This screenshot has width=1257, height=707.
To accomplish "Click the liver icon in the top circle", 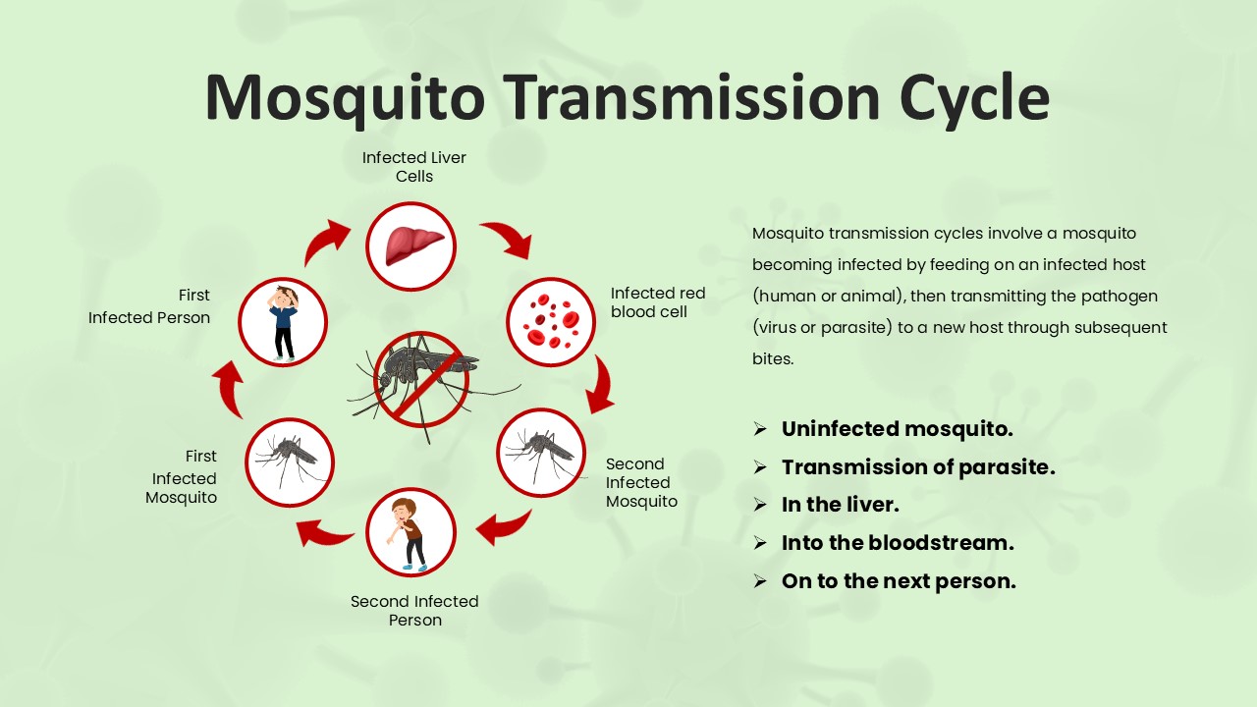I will tap(411, 246).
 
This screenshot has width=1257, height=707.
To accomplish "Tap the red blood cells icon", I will tap(551, 322).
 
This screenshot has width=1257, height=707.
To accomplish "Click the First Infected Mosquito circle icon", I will tap(290, 462).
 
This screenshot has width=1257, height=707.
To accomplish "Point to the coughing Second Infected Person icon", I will tap(411, 533).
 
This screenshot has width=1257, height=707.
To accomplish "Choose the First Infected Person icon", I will tap(283, 322).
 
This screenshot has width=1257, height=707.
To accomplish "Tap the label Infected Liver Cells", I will tap(413, 167).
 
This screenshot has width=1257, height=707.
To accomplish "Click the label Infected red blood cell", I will tap(657, 302).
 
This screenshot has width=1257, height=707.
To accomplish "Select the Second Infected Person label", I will tap(414, 610).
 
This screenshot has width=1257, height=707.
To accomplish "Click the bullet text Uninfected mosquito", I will tap(897, 429).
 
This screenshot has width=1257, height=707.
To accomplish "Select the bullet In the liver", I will tap(840, 505).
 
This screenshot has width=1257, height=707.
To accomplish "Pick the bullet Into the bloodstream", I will tap(897, 543).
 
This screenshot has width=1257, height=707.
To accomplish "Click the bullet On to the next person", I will tap(898, 581).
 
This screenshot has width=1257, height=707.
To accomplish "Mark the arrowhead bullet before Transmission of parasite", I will tap(759, 467).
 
